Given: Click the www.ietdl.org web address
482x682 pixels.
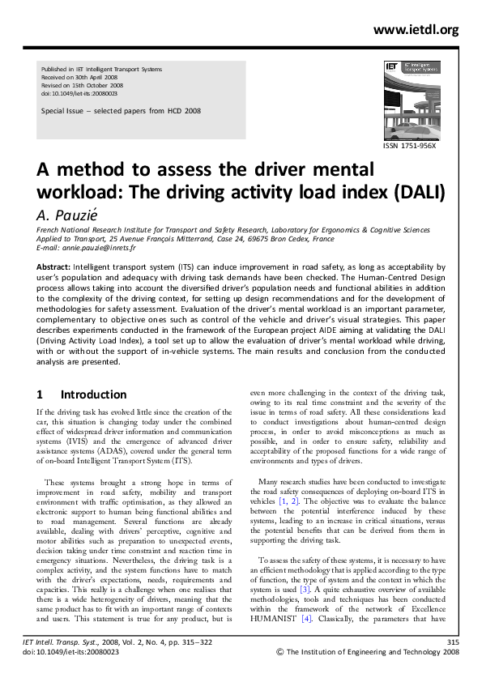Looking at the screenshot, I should tap(416, 30).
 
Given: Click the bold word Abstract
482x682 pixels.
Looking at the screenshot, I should tap(53, 266).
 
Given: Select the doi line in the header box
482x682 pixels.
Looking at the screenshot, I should tap(79, 93).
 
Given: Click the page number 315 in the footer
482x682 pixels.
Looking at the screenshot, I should tap(453, 665).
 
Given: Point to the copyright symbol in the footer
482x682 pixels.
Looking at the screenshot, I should tap(281, 674).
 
